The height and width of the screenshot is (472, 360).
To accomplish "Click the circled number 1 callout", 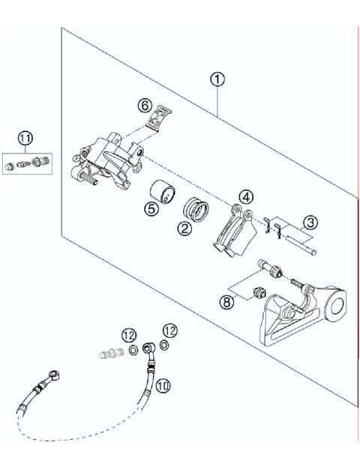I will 217,79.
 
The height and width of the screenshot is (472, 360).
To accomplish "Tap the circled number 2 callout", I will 184,230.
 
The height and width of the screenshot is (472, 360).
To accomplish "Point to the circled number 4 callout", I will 245,197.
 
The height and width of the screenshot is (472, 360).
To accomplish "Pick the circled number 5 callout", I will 151,210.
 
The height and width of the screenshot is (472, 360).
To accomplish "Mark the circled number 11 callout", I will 26,138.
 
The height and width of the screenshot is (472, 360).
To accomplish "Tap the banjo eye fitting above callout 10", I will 150,348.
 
